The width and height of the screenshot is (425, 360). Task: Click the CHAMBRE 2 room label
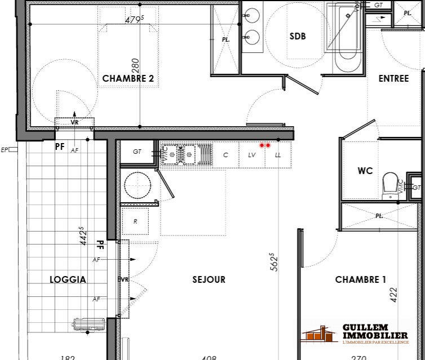[x=128, y=79]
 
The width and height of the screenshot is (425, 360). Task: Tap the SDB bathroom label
[x=298, y=36]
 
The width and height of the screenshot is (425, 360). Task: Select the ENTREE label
[x=393, y=78]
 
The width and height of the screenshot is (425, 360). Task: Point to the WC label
[x=365, y=171]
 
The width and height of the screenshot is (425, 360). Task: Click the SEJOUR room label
[x=209, y=279]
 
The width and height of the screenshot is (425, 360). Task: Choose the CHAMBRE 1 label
[x=360, y=279]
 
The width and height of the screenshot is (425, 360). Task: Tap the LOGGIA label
[x=68, y=279]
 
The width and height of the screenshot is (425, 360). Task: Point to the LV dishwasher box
[x=251, y=155]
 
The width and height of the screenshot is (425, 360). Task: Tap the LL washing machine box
[x=278, y=155]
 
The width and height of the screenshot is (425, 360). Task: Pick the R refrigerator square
[x=135, y=221]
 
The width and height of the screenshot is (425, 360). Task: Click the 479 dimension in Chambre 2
[x=135, y=19]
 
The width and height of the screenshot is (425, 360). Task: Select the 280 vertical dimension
[x=135, y=68]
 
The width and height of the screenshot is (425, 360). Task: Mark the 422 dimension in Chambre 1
[x=393, y=293]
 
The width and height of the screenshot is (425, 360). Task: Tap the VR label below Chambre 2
[x=74, y=122]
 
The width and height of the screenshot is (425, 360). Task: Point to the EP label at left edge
[x=5, y=150]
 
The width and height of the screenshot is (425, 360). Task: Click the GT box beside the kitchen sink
[x=137, y=152]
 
